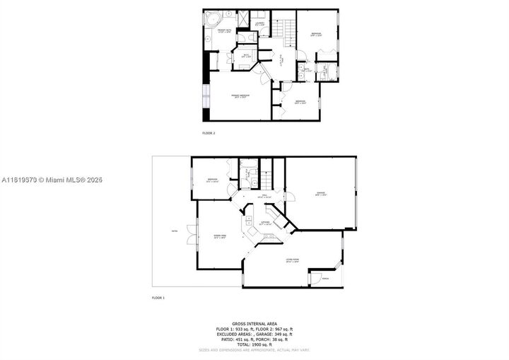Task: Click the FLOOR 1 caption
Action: (x=158, y=298)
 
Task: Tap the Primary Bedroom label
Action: (x=240, y=95)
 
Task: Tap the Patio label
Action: (x=174, y=231)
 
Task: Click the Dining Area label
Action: (x=219, y=236)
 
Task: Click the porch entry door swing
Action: (x=316, y=278)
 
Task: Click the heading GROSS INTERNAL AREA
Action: (x=255, y=322)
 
